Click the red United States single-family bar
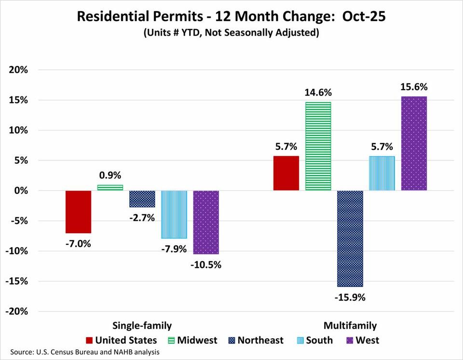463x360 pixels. pyautogui.click(x=79, y=212)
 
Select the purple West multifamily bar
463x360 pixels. pyautogui.click(x=414, y=144)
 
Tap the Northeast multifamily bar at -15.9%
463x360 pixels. pyautogui.click(x=350, y=239)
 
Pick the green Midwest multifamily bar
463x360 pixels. pyautogui.click(x=318, y=147)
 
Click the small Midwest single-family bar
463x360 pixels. pyautogui.click(x=110, y=187)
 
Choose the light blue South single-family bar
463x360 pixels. pyautogui.click(x=174, y=214)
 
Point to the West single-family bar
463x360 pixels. pyautogui.click(x=206, y=222)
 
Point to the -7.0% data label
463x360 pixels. pyautogui.click(x=79, y=243)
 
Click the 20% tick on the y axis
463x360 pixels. pyautogui.click(x=19, y=70)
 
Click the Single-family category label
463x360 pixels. pyautogui.click(x=142, y=325)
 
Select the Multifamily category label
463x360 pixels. pyautogui.click(x=350, y=325)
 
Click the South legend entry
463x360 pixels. pyautogui.click(x=313, y=340)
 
